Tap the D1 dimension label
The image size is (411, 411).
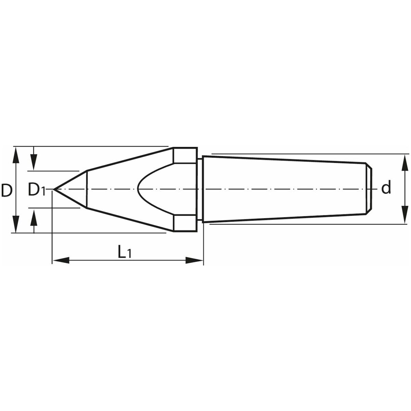point(37,190)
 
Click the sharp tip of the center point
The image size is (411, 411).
point(54,189)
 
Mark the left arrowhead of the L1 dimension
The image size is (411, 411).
point(61,260)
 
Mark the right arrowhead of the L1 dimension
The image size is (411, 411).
point(194,260)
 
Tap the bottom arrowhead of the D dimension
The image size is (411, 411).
point(16,224)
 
